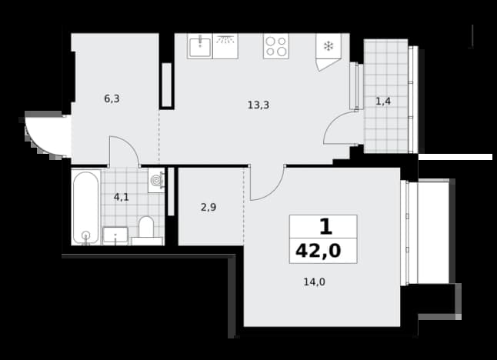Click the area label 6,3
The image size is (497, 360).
pos(112,99)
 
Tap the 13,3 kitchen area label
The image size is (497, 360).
pos(259,105)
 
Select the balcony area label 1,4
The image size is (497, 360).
pos(383,102)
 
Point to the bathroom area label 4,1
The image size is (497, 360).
pos(122,198)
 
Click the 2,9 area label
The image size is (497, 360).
pos(208,207)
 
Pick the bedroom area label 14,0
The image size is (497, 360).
pos(315,282)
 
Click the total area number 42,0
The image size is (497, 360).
pos(319,251)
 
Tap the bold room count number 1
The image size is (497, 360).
pos(326,227)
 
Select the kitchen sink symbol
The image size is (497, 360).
pos(200,47)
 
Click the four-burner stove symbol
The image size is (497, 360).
pos(276,47)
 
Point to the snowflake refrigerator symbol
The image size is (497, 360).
pos(329,46)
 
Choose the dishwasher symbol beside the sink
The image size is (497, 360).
pos(225,47)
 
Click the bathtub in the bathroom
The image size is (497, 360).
pos(86,207)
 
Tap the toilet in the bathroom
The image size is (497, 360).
pos(146,227)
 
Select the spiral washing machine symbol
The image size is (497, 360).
pos(156,180)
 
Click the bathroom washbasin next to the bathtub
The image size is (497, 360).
pos(115,235)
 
